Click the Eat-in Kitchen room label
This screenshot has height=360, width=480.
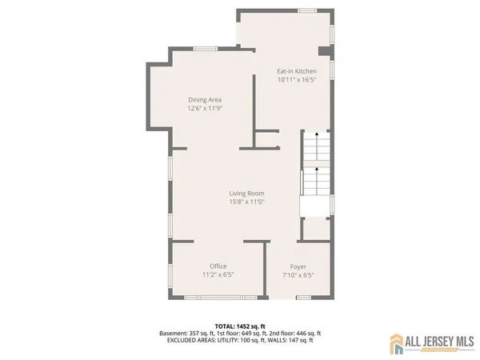coord(297,71)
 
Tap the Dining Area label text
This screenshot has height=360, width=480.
coord(205,99)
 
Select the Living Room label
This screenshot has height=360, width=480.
coord(246,193)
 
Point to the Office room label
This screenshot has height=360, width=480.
coord(218,266)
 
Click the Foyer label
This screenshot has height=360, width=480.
coord(298,266)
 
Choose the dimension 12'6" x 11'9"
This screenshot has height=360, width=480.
coord(205,108)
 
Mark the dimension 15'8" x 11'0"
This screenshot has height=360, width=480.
coord(246,202)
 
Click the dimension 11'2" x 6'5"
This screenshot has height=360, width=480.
coord(218,274)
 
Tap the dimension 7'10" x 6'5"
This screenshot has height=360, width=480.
coord(298,274)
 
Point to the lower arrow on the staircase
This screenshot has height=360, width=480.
coord(316,170)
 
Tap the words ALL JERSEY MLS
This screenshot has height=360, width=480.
coord(438,342)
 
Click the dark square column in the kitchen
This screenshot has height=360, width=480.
coord(323,52)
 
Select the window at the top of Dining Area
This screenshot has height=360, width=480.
coord(206,49)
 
